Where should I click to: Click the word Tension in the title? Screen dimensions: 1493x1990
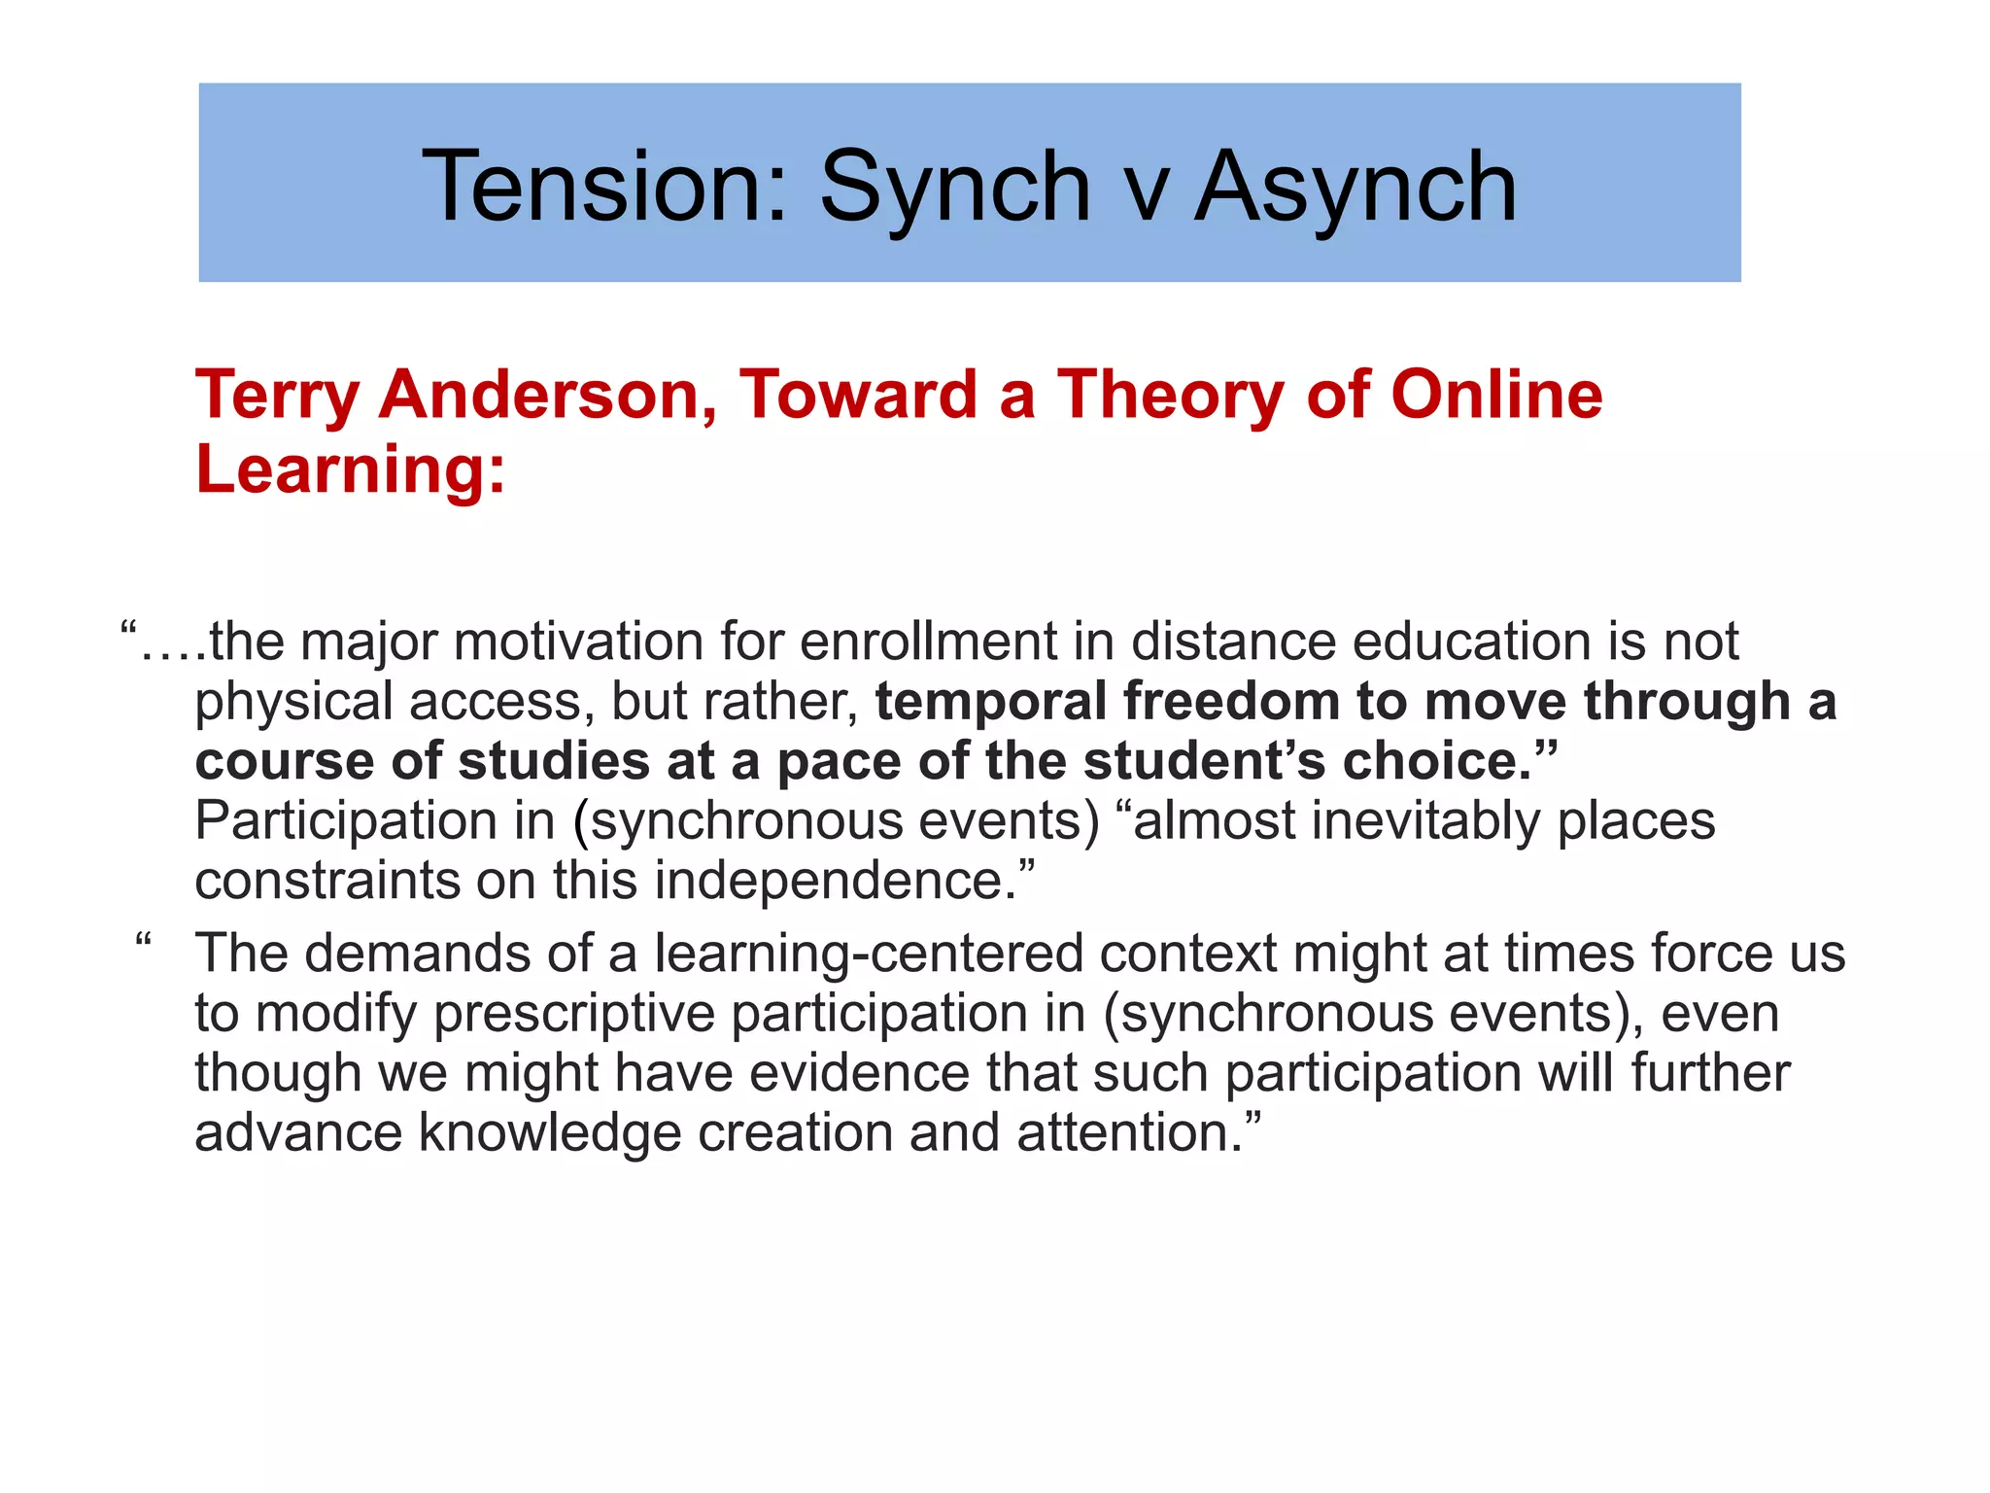click(x=602, y=187)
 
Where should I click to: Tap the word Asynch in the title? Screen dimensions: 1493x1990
click(x=1355, y=187)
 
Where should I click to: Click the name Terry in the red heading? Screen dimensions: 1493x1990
click(x=278, y=397)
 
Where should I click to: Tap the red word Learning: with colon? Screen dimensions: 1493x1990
click(x=351, y=469)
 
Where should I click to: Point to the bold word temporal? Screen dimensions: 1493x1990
click(x=991, y=702)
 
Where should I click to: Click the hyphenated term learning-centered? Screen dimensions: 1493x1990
click(x=869, y=954)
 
